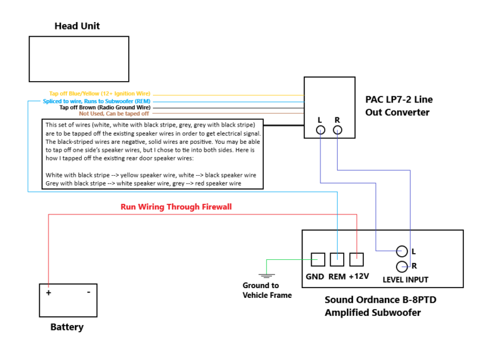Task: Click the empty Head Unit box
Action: click(79, 59)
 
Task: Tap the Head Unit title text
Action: click(77, 26)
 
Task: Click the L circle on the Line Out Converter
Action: click(320, 130)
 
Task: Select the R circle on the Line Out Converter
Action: click(337, 130)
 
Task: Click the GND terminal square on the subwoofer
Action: click(318, 260)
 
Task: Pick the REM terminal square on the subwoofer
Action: click(337, 260)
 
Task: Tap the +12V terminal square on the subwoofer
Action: click(357, 260)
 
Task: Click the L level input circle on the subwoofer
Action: click(402, 251)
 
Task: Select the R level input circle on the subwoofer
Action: click(402, 267)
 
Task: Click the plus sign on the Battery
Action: click(48, 293)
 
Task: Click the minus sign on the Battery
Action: click(88, 292)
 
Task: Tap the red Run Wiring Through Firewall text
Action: click(176, 207)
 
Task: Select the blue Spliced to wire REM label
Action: click(96, 101)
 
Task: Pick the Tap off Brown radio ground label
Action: click(105, 108)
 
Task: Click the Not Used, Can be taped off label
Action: click(114, 114)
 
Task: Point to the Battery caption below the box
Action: click(67, 327)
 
